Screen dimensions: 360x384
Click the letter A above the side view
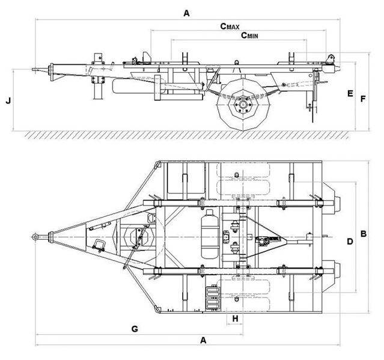(187, 13)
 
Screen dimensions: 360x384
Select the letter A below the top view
(204, 340)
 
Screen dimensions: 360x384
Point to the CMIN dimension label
(251, 35)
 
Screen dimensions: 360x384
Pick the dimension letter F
(363, 98)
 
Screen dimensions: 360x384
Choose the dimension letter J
(8, 100)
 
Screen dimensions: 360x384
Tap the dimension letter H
(236, 317)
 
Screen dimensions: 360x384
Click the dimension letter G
(135, 329)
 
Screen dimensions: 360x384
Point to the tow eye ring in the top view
(36, 237)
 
